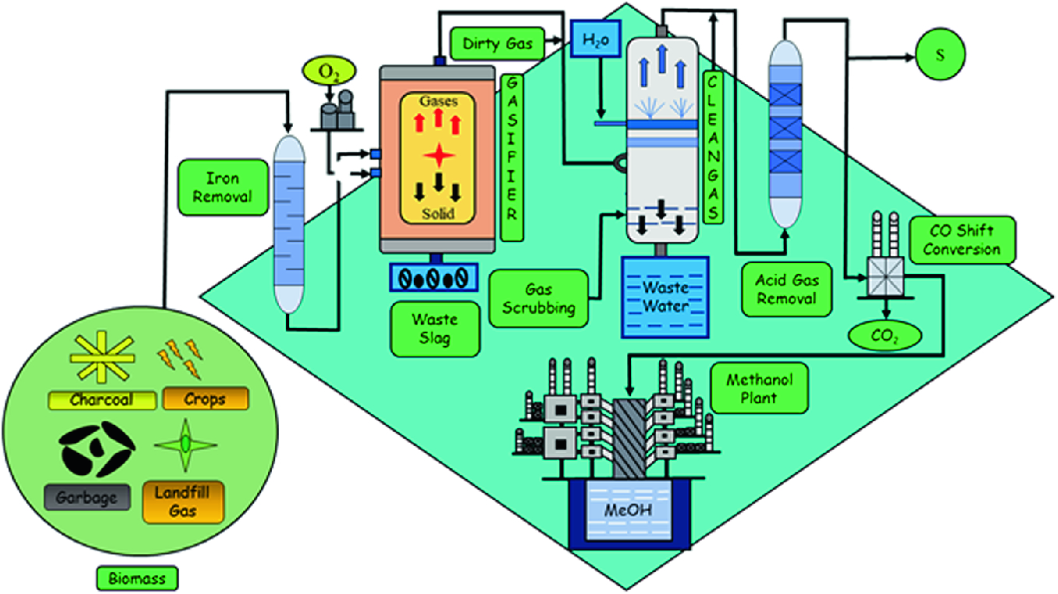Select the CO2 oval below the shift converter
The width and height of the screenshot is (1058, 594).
click(x=884, y=336)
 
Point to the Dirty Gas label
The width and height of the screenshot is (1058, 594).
click(x=497, y=43)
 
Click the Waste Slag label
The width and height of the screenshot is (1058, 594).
click(x=435, y=329)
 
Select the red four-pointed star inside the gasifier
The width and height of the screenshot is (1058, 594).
click(x=439, y=156)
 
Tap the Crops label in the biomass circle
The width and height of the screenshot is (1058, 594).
click(x=205, y=399)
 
